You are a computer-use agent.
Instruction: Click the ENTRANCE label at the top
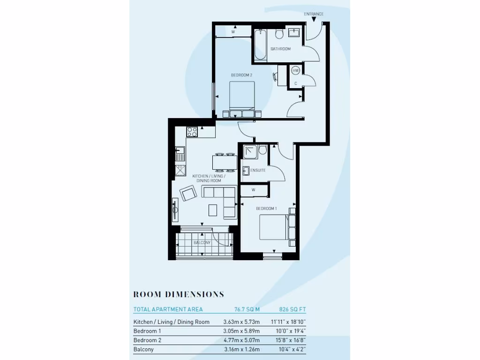(x=314, y=14)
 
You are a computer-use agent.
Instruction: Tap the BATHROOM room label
(x=280, y=49)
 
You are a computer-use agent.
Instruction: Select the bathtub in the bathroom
(x=260, y=45)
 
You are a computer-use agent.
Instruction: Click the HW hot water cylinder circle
(x=295, y=70)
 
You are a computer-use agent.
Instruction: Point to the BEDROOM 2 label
(x=241, y=75)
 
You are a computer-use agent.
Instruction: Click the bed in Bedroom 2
(x=241, y=98)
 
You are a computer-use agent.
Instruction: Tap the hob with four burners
(x=192, y=132)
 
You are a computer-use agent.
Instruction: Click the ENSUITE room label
(x=258, y=170)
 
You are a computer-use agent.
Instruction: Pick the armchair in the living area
(x=188, y=193)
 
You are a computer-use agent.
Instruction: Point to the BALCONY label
(x=202, y=243)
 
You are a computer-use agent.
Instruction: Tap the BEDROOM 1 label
(x=266, y=208)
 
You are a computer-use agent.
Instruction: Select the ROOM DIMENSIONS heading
(x=179, y=294)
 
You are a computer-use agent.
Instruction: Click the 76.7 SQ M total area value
(x=247, y=309)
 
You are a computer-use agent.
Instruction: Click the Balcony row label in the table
(x=143, y=349)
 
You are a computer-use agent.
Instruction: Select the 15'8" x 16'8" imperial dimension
(x=289, y=340)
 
